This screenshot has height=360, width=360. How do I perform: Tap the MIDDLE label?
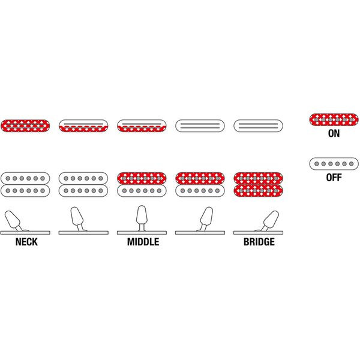(143, 242)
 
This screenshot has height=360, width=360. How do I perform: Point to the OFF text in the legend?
(334, 177)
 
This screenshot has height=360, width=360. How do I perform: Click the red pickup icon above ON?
(334, 120)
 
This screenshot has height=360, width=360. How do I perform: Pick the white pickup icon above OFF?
(334, 163)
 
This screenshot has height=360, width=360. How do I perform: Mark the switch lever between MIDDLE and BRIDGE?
(206, 217)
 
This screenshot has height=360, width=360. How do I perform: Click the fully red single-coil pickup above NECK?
(25, 125)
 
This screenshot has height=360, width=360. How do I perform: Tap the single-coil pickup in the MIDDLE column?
(142, 125)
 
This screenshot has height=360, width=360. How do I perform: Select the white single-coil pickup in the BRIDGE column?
(258, 125)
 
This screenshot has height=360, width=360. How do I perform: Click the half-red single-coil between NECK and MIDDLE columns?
(83, 125)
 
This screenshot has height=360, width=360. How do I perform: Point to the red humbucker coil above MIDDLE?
(142, 178)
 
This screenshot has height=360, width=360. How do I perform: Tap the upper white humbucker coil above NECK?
(25, 178)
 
